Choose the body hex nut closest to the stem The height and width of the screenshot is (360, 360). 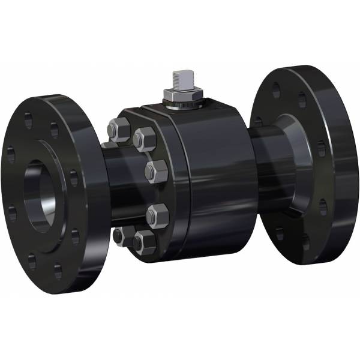pos(145,139)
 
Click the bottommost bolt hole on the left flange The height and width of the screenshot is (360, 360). pos(58,271)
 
